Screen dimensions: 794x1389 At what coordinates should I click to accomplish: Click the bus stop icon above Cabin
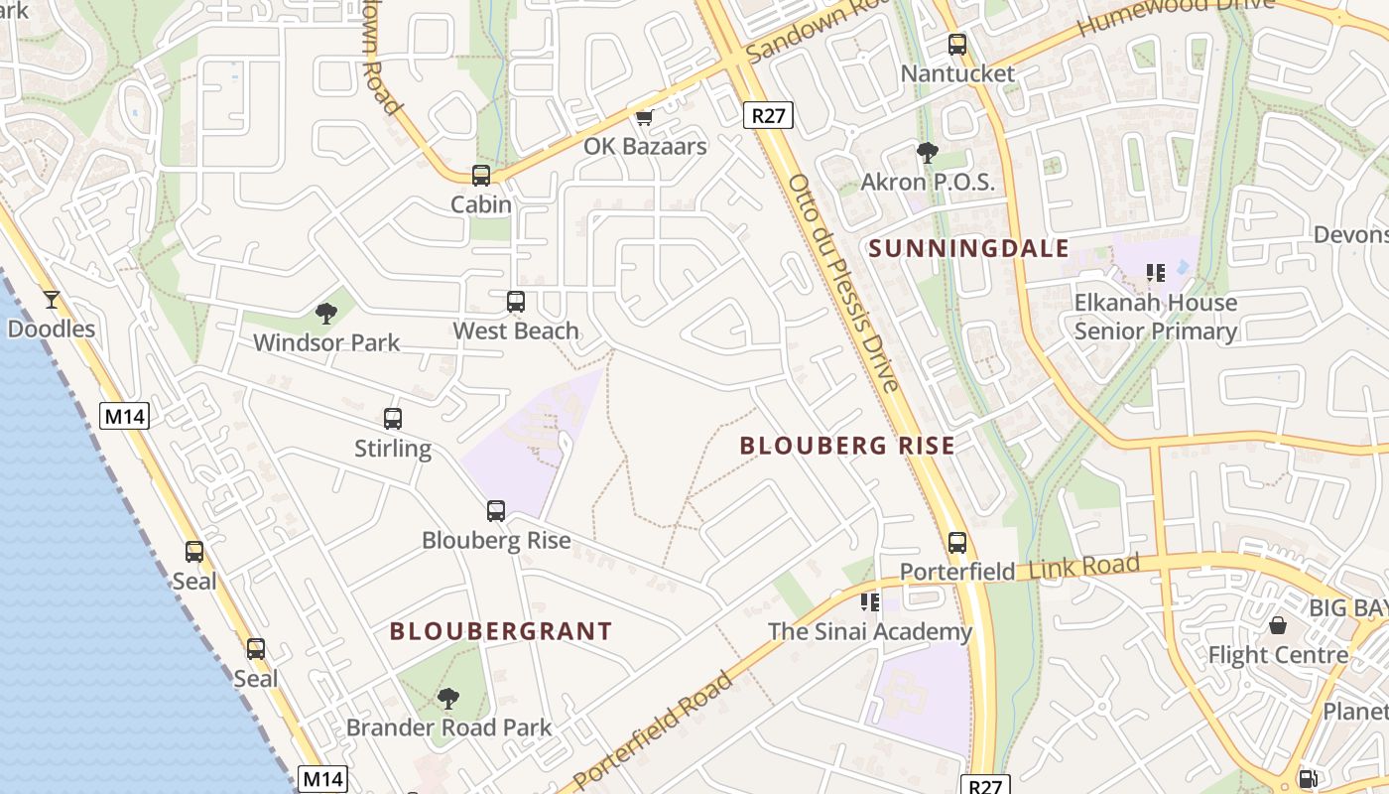click(x=481, y=176)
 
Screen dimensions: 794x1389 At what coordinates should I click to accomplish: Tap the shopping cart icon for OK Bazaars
click(x=644, y=118)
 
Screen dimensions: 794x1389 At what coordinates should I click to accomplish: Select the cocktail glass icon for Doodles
click(x=52, y=299)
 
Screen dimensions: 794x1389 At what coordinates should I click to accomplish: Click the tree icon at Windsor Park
click(x=325, y=315)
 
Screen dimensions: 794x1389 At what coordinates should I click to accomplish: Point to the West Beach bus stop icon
click(x=516, y=302)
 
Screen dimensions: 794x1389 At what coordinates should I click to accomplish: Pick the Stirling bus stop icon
click(x=393, y=419)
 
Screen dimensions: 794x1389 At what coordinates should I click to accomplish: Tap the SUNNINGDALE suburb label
click(x=969, y=249)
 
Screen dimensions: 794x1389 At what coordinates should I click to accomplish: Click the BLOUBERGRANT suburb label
click(x=501, y=631)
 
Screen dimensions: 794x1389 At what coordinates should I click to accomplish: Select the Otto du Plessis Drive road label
click(x=843, y=283)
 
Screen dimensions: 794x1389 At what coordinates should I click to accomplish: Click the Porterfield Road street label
click(x=655, y=729)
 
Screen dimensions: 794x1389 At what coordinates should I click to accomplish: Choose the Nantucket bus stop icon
click(x=957, y=45)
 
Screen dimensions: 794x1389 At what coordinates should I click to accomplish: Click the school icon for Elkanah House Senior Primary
click(x=1155, y=272)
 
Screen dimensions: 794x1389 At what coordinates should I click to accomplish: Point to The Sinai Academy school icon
click(x=870, y=602)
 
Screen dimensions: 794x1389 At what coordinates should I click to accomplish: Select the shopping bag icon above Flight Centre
click(x=1278, y=626)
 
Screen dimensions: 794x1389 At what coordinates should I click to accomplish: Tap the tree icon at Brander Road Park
click(x=448, y=699)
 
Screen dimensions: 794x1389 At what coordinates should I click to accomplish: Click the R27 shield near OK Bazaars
click(x=768, y=115)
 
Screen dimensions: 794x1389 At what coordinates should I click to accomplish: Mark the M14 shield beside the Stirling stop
click(x=125, y=416)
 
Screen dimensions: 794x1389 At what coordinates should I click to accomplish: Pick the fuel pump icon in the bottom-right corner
click(x=1309, y=780)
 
